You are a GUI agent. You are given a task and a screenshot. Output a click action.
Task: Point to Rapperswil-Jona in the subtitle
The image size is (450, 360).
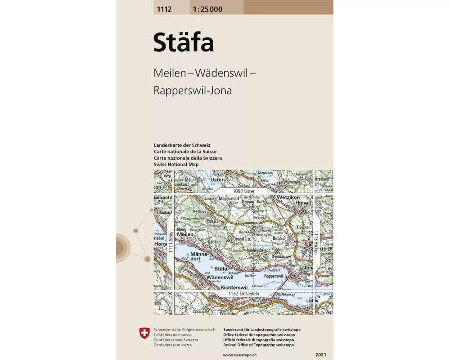(x=193, y=90)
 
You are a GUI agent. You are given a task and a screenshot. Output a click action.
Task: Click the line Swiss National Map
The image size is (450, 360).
(x=176, y=165)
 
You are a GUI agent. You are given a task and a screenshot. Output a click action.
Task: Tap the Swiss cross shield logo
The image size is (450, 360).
(x=144, y=333)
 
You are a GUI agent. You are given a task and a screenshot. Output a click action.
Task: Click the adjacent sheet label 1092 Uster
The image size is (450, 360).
(x=243, y=191)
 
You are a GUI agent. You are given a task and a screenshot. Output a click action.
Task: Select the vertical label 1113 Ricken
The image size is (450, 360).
(x=316, y=243)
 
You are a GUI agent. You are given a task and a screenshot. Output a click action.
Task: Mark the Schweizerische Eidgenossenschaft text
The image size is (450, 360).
(x=178, y=330)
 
